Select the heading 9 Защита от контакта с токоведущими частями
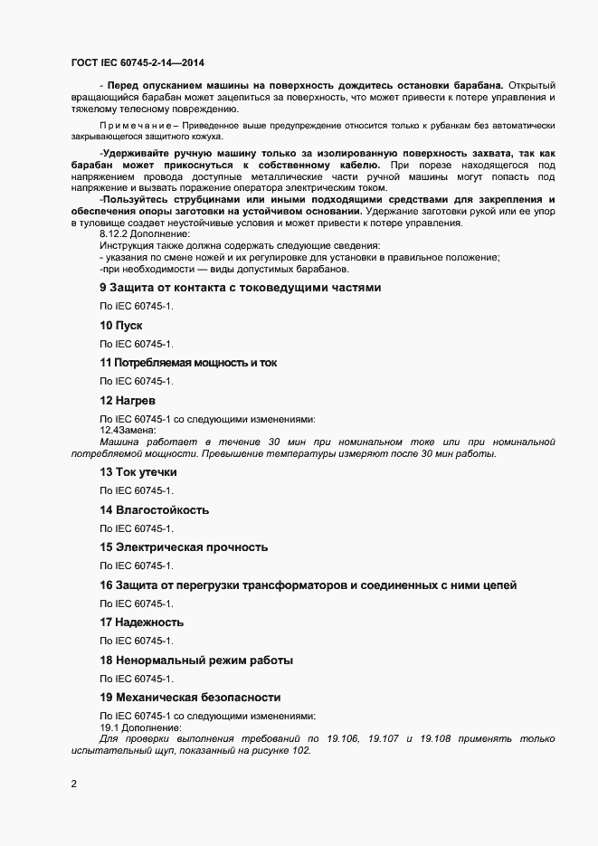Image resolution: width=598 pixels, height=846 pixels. (x=240, y=288)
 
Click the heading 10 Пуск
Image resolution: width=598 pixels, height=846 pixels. (x=121, y=325)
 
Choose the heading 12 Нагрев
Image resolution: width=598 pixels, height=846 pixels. (x=128, y=399)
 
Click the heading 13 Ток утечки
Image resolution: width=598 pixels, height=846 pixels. (x=138, y=472)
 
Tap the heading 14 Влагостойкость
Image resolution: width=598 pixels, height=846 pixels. (x=154, y=509)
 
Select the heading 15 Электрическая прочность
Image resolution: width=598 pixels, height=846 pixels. (x=184, y=547)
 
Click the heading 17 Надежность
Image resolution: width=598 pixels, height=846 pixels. (x=141, y=622)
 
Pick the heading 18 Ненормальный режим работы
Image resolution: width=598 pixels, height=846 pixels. (x=195, y=660)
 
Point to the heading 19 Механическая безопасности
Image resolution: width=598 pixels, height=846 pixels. (x=190, y=697)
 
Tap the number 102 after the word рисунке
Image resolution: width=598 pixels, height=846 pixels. (x=299, y=751)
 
